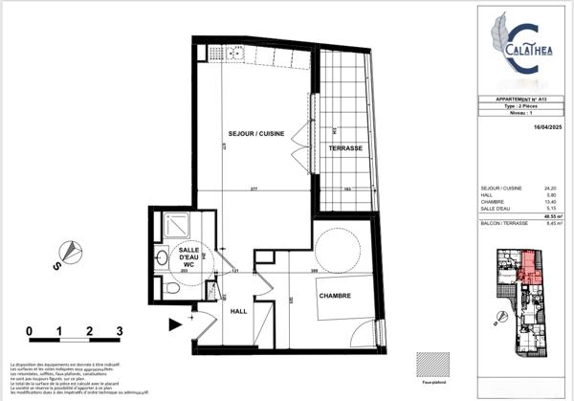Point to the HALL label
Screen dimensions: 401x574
pyautogui.click(x=239, y=311)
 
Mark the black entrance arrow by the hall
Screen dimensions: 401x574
pyautogui.click(x=175, y=324)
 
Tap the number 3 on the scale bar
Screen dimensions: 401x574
pyautogui.click(x=120, y=332)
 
